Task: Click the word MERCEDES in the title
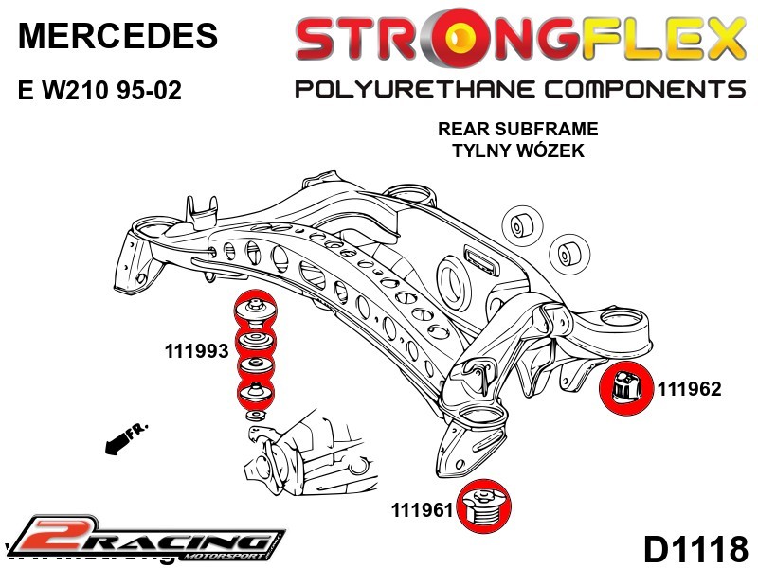pos(118,36)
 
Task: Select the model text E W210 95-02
pos(99,92)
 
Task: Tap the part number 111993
pos(197,351)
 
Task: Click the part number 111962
pos(690,388)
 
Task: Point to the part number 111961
pos(424,510)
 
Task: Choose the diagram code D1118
pos(695,548)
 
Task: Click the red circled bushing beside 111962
pos(626,387)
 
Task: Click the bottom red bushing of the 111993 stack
pos(254,393)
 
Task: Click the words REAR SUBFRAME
pos(517,130)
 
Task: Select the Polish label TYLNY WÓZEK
pos(517,151)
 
